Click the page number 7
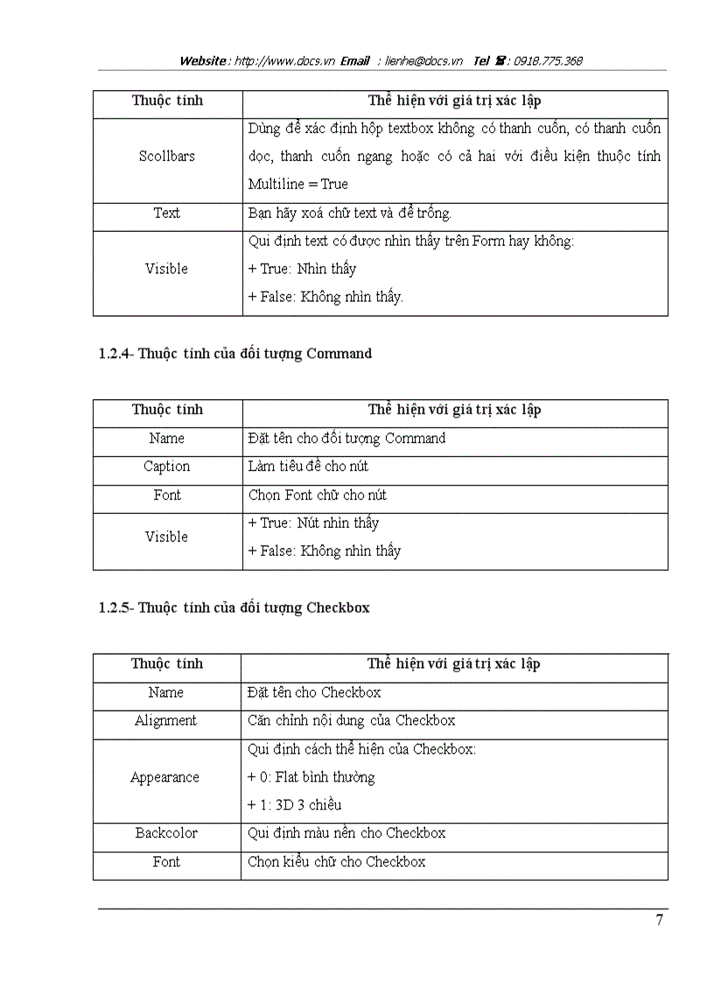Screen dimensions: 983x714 click(659, 920)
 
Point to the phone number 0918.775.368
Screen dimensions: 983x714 click(548, 61)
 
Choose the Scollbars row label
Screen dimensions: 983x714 click(166, 157)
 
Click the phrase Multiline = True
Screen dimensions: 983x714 click(297, 185)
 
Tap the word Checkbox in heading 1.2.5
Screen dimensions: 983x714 click(338, 607)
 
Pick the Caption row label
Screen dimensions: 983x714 click(166, 467)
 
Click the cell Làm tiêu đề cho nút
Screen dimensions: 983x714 click(308, 467)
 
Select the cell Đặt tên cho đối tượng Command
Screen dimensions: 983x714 click(346, 439)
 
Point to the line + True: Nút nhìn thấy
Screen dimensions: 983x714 click(313, 523)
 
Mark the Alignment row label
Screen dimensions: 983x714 click(166, 721)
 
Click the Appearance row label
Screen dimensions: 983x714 click(164, 777)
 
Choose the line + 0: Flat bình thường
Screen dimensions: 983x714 click(311, 777)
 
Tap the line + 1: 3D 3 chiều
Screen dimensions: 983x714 click(294, 805)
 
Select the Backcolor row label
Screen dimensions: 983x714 click(166, 833)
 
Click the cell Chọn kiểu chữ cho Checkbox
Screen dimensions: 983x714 click(337, 862)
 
